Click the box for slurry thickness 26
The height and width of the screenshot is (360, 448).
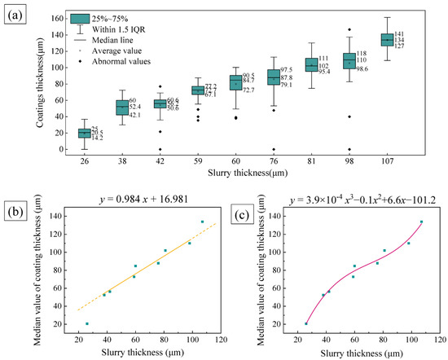[84, 133]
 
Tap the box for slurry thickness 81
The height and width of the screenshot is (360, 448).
[311, 65]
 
